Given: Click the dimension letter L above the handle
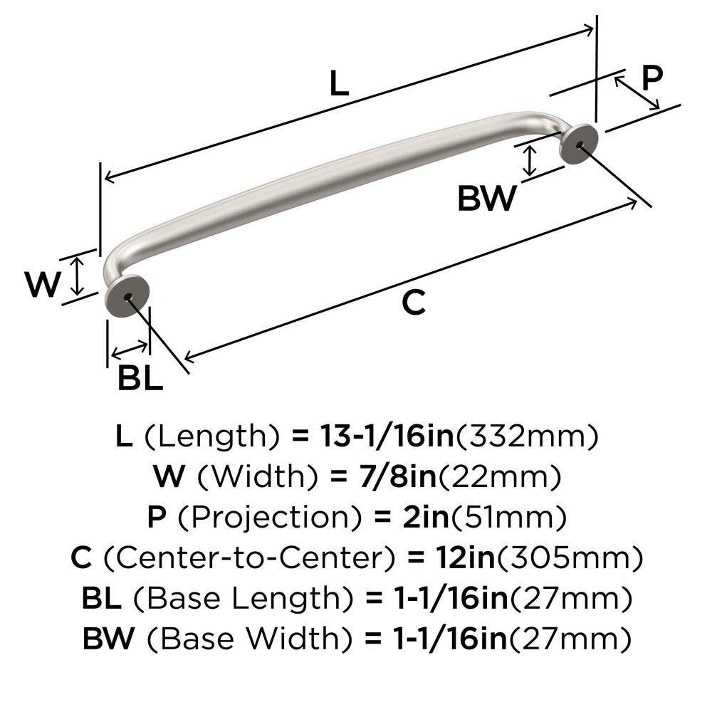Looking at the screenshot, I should point(340,84).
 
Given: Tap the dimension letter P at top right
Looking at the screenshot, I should point(651,77).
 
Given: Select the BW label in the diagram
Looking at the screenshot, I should point(486,199).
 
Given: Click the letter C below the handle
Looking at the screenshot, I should point(413,303).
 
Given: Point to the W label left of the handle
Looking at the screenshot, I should point(43,285).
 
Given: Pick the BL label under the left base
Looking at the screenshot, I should point(140,379).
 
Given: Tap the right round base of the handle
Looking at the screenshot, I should point(578,144).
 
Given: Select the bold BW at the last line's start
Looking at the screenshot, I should point(108,638).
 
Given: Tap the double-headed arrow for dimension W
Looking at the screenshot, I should point(78,276).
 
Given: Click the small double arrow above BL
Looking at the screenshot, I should point(130,349).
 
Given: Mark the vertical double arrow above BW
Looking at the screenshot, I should point(528,160).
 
